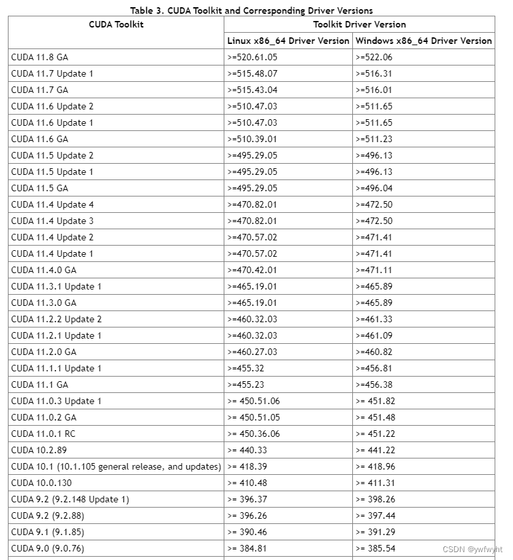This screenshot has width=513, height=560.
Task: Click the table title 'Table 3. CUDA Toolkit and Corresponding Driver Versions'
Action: [x=251, y=10]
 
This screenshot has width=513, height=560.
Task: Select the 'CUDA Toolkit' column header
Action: [x=116, y=24]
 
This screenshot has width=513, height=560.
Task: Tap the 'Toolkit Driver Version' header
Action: [x=359, y=24]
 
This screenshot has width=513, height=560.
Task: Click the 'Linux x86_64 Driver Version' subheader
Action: [x=288, y=41]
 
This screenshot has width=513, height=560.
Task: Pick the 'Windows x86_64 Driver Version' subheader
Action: [x=423, y=41]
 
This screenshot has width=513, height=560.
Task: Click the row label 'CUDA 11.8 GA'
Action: [x=39, y=57]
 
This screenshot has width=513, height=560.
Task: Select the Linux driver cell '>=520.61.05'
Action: [x=252, y=57]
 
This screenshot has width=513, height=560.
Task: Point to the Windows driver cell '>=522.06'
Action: [x=374, y=57]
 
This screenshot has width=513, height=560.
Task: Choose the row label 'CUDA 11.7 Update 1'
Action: [x=52, y=73]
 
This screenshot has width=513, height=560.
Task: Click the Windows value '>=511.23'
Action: [x=374, y=139]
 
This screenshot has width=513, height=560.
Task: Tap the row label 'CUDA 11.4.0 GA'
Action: [x=43, y=270]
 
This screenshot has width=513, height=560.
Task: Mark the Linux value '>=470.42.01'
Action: [x=252, y=270]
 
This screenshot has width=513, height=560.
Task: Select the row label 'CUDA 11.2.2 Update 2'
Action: [x=56, y=319]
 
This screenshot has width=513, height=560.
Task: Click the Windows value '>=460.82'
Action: [x=374, y=352]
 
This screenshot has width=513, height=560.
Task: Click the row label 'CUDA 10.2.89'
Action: [x=39, y=450]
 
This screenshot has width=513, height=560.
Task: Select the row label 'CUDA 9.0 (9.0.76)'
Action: [x=47, y=548]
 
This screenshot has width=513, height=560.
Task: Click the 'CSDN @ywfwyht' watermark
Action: [x=472, y=550]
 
